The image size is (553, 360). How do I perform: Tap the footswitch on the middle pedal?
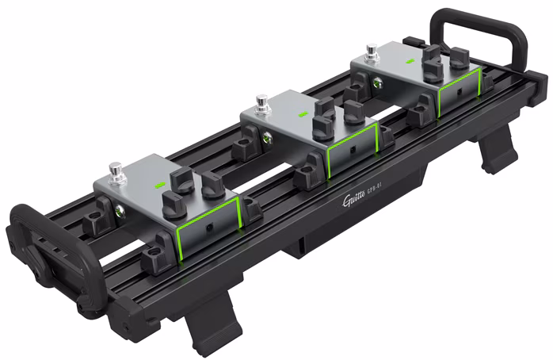click(x=261, y=102)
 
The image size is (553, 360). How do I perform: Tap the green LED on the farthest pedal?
click(x=410, y=61)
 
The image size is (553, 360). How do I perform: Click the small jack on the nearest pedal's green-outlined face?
click(x=207, y=226)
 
